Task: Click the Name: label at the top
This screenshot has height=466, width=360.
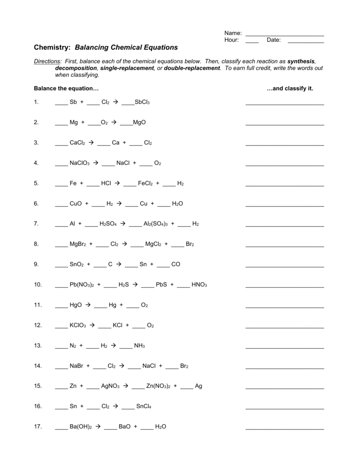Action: point(233,33)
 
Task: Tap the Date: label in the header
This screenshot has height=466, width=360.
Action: point(274,40)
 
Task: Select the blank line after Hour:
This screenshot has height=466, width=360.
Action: point(252,41)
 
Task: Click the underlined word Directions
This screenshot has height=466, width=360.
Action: point(47,61)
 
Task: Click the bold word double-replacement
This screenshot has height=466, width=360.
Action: point(192,68)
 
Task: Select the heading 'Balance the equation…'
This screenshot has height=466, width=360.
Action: point(66,88)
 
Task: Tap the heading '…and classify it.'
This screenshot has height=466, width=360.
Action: point(290,88)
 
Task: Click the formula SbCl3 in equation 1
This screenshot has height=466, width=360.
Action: point(142,102)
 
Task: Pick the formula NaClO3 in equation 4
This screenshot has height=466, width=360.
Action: point(80,163)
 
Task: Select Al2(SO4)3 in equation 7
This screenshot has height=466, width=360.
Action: point(156,224)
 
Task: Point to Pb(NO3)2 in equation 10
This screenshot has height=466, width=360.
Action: point(81,285)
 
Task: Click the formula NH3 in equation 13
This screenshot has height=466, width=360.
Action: point(139,346)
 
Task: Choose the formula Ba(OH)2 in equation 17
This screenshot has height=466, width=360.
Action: point(81,427)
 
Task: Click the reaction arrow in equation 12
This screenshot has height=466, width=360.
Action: point(92,325)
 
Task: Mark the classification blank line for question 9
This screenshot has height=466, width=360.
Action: point(284,266)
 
